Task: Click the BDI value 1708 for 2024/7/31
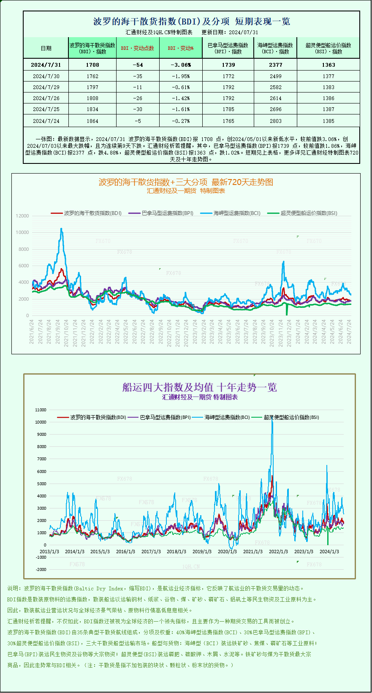coord(92,65)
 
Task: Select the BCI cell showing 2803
coord(275,121)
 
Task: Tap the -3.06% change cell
coord(181,65)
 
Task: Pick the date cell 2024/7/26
coord(46,98)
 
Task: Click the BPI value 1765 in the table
coord(228,121)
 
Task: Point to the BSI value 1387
coord(328,109)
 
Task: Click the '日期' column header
coord(46,48)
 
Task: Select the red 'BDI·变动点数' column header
coord(137,48)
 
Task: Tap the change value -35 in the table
coord(137,76)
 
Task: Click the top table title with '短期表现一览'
coord(191,22)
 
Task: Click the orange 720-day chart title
coord(186,182)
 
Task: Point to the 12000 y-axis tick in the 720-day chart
coord(22,216)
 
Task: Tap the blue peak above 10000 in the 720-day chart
coord(61,229)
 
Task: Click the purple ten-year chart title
coord(199,387)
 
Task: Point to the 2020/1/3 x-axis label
coord(227,552)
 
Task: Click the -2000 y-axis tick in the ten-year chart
coord(41,569)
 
